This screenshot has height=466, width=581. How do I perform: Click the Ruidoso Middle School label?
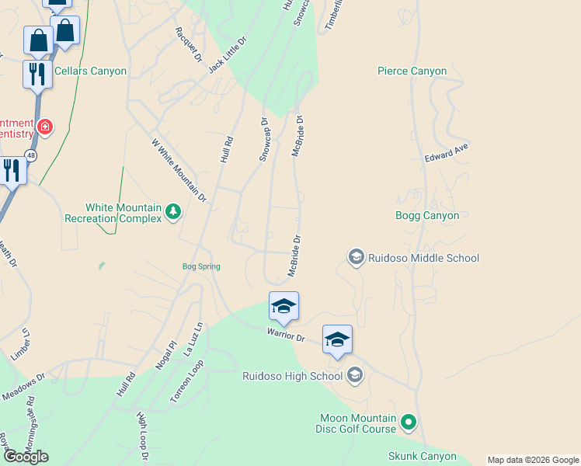coord(424,258)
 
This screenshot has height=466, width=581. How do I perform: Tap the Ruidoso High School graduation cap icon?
coord(355,376)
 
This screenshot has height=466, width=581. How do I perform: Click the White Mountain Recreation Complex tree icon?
coord(173,210)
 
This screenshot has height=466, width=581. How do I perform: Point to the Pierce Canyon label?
coord(412,71)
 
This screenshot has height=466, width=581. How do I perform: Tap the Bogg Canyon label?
coord(427,215)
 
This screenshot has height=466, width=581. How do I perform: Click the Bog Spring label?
coord(201,266)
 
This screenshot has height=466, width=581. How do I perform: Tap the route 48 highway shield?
coord(30,155)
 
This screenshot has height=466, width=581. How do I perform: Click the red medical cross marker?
coord(45,127)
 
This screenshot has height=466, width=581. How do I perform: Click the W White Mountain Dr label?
coord(179,171)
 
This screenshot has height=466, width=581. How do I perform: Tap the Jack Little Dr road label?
coord(227,54)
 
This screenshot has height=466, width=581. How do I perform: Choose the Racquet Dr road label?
coord(189,44)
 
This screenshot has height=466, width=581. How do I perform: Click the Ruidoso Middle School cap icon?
coord(357,257)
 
